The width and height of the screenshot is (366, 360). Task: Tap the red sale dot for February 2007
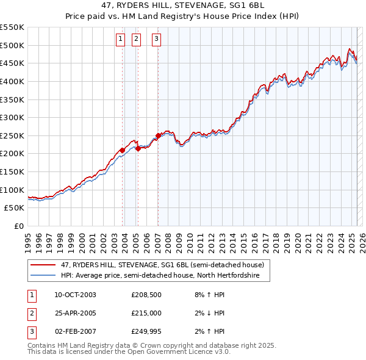[x=158, y=135]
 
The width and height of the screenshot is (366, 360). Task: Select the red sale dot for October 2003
[x=122, y=150]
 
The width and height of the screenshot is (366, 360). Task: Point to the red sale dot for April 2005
[x=138, y=148]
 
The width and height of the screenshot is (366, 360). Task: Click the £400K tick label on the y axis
[x=12, y=81]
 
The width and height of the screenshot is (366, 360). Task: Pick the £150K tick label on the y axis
[x=12, y=171]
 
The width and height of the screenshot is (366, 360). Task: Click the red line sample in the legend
[x=43, y=265]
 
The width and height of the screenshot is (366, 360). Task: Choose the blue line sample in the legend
[x=43, y=276]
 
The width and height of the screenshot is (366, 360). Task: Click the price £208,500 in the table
[x=146, y=295]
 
